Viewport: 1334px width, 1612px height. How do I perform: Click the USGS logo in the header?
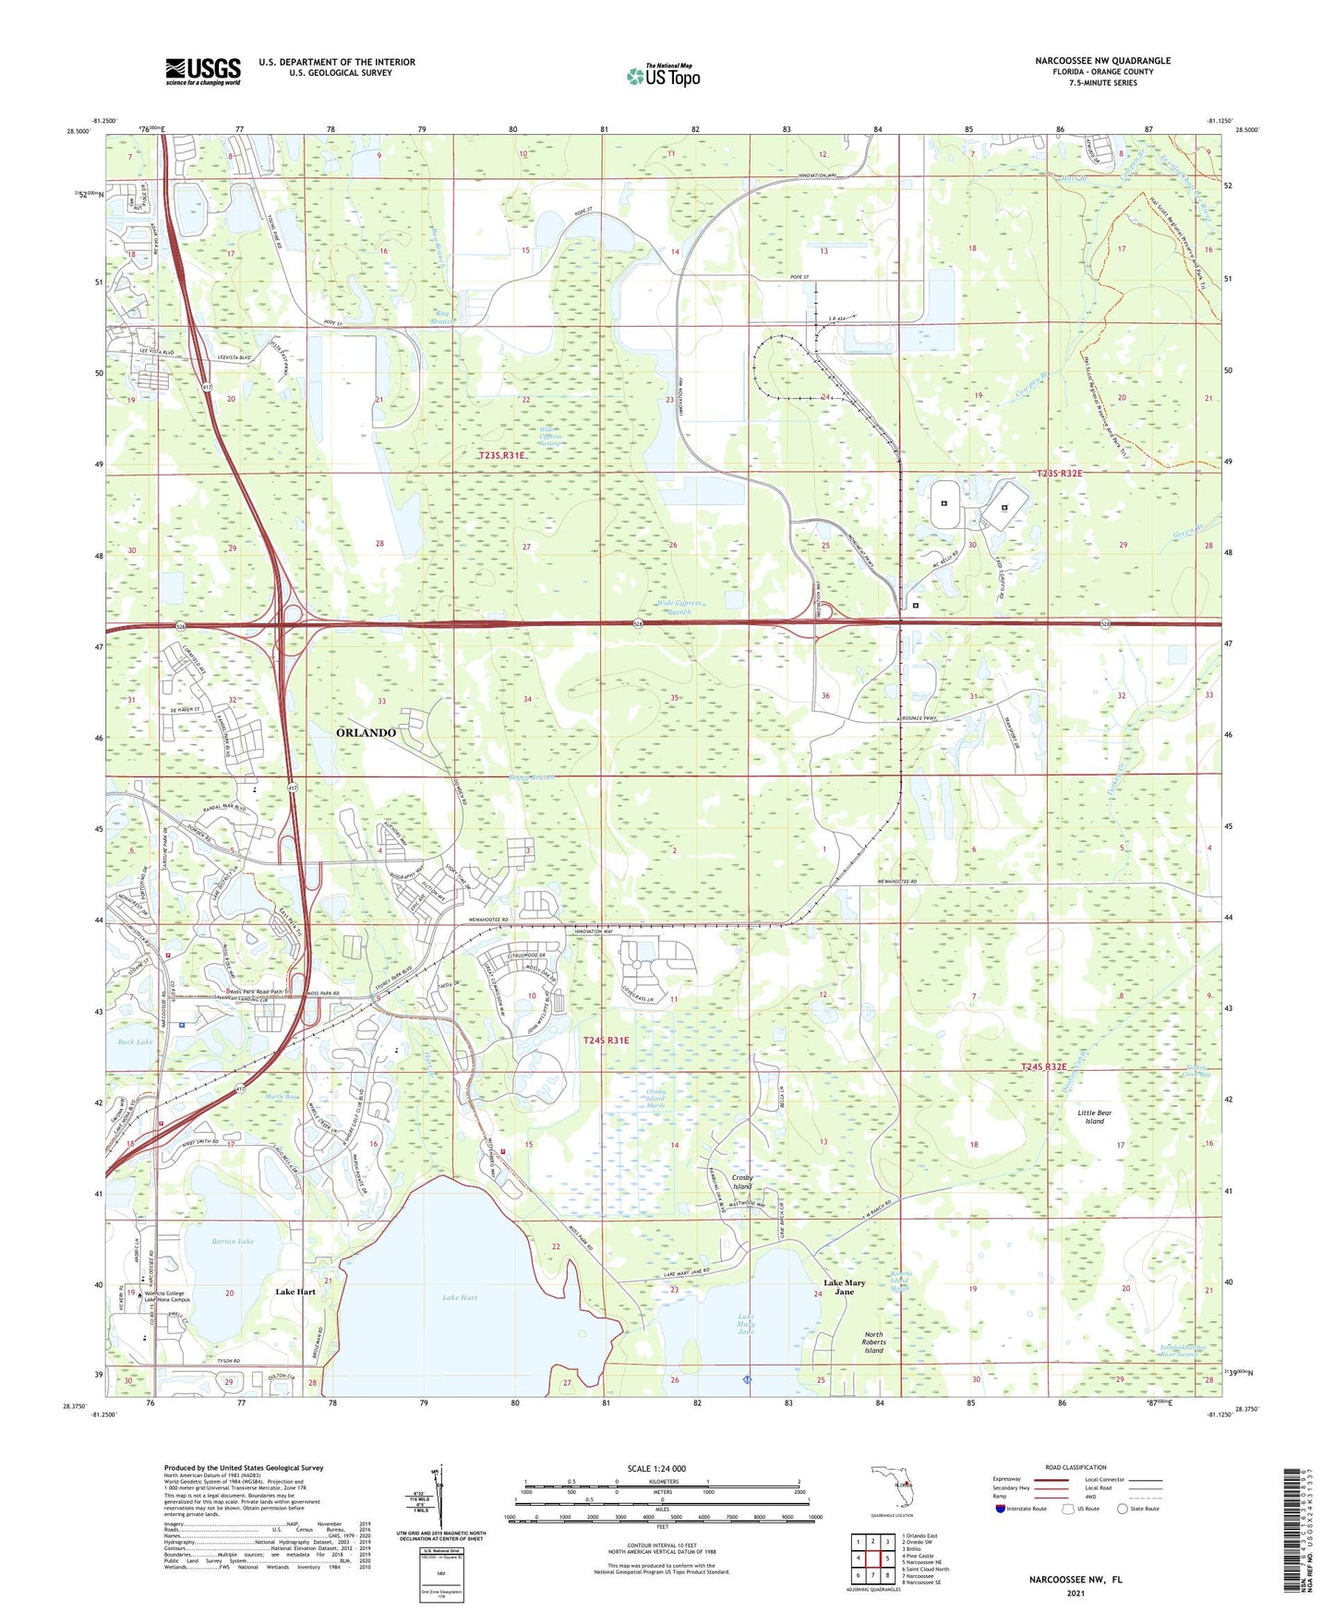[203, 71]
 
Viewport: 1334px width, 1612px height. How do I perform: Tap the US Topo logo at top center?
[663, 76]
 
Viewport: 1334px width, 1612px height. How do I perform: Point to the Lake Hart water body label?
[460, 1297]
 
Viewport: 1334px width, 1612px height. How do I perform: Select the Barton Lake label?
[233, 1241]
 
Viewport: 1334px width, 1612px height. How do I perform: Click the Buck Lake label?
[135, 1041]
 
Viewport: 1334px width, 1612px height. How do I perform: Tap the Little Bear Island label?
[1094, 1117]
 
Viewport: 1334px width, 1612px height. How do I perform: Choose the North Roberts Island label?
[873, 1342]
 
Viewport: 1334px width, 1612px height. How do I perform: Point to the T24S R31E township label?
[606, 1040]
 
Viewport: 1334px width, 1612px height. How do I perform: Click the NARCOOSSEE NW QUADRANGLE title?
[1102, 60]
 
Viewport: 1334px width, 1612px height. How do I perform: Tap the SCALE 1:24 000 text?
[656, 1468]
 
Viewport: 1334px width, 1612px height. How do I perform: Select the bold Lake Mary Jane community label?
[845, 1287]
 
